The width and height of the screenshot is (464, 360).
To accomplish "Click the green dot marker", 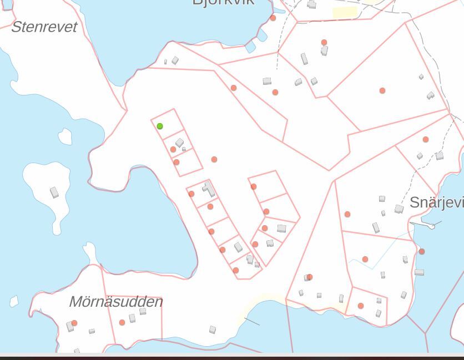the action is (x=160, y=126).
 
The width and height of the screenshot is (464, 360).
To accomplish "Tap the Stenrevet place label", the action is (x=44, y=27).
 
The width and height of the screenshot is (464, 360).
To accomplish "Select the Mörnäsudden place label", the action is (x=115, y=302).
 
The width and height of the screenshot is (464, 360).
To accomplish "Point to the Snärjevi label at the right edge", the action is (x=436, y=202).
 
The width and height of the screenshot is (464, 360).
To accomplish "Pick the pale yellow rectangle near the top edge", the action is (x=345, y=12).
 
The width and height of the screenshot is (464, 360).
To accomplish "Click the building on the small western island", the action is (x=54, y=192).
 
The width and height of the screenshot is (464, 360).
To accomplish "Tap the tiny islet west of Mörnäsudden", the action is (x=14, y=301).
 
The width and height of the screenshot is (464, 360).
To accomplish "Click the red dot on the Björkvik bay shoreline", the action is (x=273, y=18).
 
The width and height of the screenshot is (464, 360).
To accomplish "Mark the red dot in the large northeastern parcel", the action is (x=382, y=90).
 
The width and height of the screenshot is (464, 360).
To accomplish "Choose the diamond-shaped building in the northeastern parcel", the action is (x=421, y=77).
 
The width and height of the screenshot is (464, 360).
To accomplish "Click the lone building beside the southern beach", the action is (x=213, y=329).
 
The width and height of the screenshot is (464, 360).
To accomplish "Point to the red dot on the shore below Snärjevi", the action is (x=422, y=252).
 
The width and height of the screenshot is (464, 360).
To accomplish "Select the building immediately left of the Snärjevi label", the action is (x=399, y=209).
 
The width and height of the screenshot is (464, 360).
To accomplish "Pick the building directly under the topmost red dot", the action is (x=325, y=51).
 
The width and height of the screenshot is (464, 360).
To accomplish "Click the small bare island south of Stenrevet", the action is (x=65, y=136).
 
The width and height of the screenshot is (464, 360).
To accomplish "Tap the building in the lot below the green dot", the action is (x=180, y=143).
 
